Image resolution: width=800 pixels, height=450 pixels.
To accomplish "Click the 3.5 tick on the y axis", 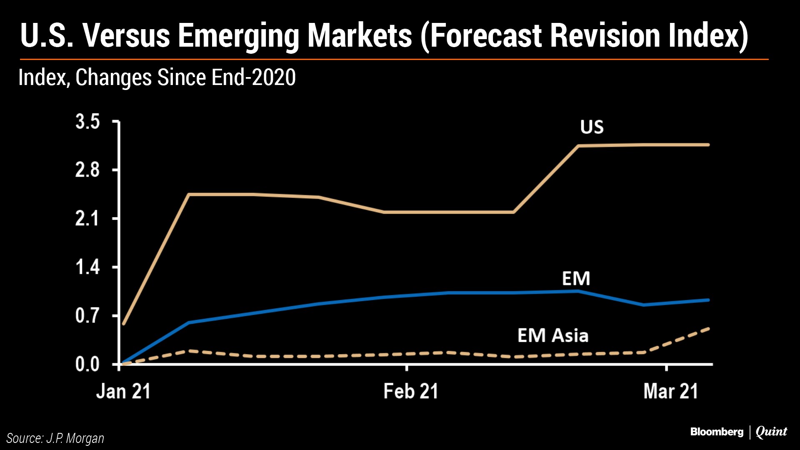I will (x=87, y=121).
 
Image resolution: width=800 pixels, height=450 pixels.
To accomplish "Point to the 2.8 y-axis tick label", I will (x=87, y=170).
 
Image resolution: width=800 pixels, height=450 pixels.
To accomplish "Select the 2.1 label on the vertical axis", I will (x=87, y=219).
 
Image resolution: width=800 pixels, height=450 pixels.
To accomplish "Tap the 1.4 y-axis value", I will (x=87, y=267).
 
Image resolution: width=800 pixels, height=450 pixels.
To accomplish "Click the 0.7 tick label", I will (x=87, y=316).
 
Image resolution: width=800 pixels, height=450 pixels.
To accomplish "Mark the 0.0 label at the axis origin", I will (x=87, y=365).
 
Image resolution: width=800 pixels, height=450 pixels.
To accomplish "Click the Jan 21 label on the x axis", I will (x=123, y=391).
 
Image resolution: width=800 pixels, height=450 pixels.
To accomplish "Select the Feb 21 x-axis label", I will (x=411, y=391).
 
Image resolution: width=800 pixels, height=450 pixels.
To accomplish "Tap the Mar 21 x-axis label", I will (x=670, y=391).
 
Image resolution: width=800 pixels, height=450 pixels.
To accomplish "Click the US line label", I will (x=592, y=127).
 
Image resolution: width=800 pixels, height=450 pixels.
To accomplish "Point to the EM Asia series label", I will (x=553, y=335).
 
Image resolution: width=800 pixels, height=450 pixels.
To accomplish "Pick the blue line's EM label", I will (x=576, y=278).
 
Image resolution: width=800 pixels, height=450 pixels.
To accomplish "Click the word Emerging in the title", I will (x=238, y=37).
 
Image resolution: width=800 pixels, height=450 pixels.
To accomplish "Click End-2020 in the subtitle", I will (x=254, y=77).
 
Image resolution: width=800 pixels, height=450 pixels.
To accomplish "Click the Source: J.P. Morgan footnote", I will (x=55, y=438).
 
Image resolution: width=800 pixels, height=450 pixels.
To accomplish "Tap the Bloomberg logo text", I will (x=717, y=432).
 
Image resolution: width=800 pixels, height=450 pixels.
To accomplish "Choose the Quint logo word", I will (x=771, y=432).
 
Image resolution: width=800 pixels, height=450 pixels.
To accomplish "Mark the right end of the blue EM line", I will (x=708, y=300).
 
